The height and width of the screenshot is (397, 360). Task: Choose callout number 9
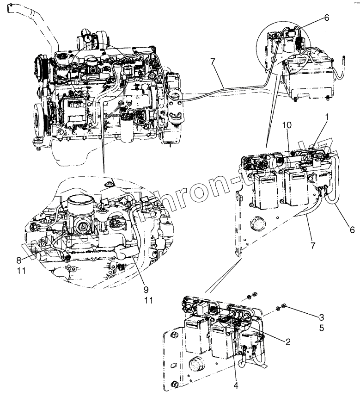coord(146,290)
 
